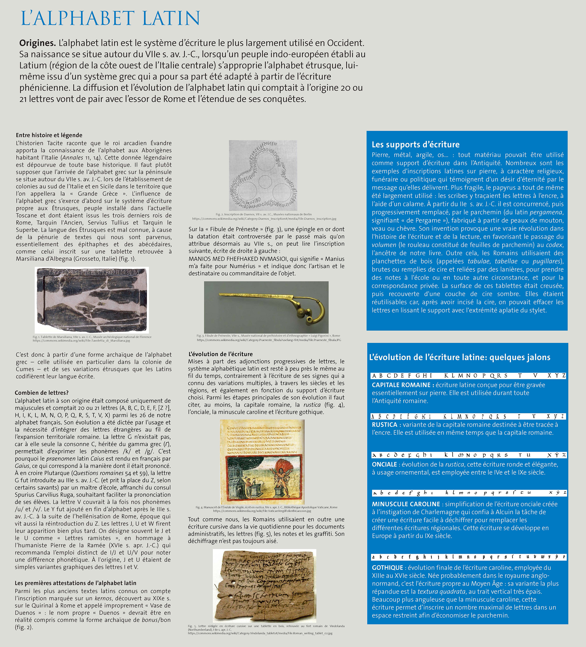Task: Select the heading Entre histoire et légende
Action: [x=49, y=135]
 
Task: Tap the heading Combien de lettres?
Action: [x=42, y=393]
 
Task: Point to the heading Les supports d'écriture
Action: [x=416, y=144]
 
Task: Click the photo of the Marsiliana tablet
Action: [x=92, y=300]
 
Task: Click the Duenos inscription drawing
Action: [x=263, y=175]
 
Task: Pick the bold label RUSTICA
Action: [x=384, y=425]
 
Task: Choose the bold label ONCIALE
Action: [x=384, y=464]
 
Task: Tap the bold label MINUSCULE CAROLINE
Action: [x=406, y=504]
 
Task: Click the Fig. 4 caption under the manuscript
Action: [x=266, y=509]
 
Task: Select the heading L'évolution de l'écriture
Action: [x=221, y=354]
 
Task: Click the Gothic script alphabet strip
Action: [x=469, y=557]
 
